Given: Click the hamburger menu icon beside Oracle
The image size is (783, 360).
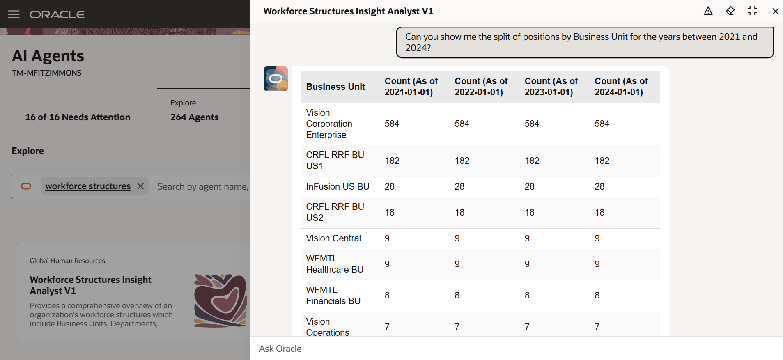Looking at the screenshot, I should (14, 14).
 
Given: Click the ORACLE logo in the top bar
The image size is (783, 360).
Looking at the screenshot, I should (57, 14).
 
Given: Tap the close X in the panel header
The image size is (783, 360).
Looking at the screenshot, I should (775, 11).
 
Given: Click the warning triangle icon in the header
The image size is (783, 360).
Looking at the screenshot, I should (708, 11).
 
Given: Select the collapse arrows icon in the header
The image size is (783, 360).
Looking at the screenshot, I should (752, 11).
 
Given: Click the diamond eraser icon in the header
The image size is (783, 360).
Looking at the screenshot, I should (730, 11).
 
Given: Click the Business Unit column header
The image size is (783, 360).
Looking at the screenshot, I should (335, 87).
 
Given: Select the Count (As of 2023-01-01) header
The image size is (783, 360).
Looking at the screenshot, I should (551, 87).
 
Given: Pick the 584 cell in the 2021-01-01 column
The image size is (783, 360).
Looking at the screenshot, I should (392, 124).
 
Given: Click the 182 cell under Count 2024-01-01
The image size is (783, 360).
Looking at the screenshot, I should (602, 161).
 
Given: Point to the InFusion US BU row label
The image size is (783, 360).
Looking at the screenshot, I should (338, 187).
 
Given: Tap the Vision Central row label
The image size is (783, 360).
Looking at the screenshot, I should (333, 238).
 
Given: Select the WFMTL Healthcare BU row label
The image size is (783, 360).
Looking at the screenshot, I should (335, 264).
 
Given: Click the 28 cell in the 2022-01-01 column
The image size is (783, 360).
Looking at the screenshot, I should (459, 187).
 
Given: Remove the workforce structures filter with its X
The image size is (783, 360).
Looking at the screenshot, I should (140, 186).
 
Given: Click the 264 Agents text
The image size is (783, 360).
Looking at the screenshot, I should (194, 117).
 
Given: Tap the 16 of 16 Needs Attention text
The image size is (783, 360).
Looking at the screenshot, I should (78, 117).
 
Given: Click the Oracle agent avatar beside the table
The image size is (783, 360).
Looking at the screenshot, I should (276, 79).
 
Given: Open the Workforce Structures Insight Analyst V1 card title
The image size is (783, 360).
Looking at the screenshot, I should (90, 285).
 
